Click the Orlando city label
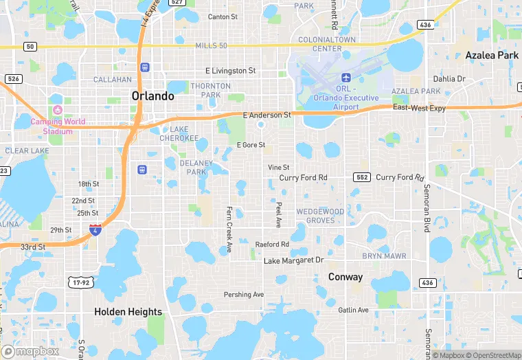(x=152, y=96)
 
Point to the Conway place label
(x=345, y=278)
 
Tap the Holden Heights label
(x=128, y=312)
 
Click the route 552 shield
(x=362, y=177)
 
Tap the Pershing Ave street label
(x=244, y=295)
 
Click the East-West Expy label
(x=419, y=109)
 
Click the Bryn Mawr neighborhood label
(x=384, y=256)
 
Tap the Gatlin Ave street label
(x=353, y=310)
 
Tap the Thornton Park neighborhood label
(x=205, y=90)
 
